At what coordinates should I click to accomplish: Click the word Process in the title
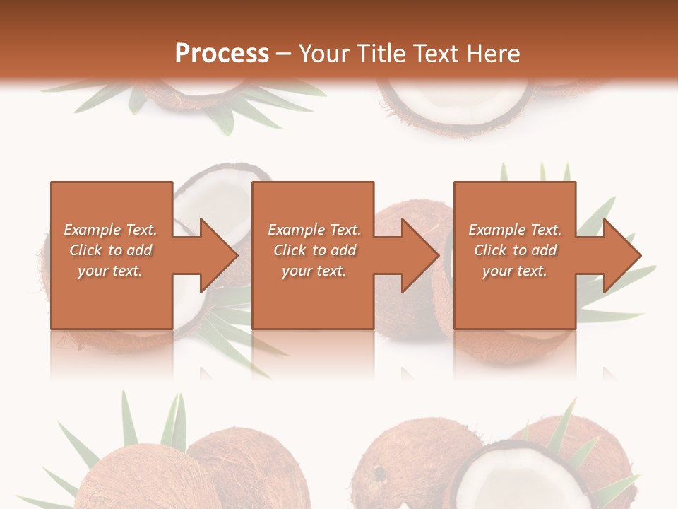(222, 54)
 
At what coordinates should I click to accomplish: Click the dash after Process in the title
(284, 54)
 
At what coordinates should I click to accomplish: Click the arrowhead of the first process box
(219, 255)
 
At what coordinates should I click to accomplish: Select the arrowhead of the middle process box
(421, 255)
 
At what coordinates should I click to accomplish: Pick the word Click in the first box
(86, 250)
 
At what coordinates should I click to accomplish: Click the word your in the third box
(497, 271)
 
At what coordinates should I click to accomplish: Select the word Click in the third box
(490, 250)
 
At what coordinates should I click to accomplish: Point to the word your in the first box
(92, 271)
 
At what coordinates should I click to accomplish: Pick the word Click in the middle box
(290, 250)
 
